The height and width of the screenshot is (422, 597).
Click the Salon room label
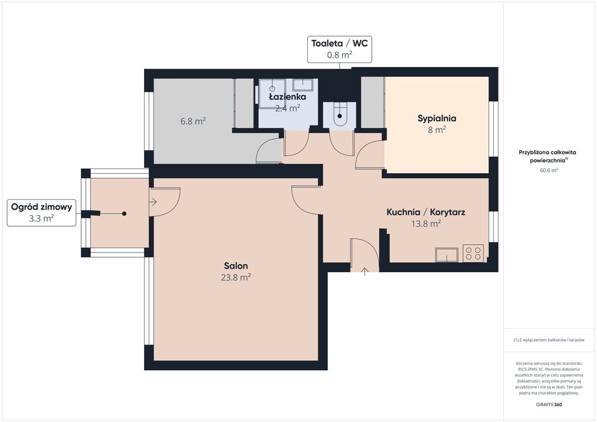236,266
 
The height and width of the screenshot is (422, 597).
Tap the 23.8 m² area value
236,277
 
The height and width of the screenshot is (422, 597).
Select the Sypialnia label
437,118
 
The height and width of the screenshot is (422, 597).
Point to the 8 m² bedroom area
437,130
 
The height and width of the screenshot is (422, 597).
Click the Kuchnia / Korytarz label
426,212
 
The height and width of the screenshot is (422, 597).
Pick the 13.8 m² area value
426,223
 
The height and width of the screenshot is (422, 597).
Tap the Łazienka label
287,97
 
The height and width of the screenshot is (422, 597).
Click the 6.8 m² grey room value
193,121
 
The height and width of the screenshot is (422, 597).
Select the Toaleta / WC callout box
340,49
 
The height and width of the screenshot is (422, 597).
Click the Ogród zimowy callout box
41,213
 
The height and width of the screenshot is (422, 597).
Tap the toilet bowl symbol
340,114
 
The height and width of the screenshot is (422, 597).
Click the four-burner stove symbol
473,254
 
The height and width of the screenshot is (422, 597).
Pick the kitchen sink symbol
447,255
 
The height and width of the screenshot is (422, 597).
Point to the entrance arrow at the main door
365,271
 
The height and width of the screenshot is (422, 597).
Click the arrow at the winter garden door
153,202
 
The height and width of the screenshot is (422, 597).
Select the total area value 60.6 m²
549,170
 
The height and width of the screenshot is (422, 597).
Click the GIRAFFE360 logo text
549,405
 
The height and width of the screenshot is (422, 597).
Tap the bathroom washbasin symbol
303,85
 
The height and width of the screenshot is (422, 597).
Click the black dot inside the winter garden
124,213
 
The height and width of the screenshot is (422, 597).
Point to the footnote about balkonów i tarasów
549,340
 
